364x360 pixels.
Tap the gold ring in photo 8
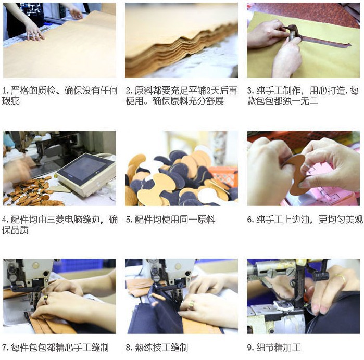click(x=192, y=304)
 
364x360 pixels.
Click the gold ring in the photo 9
click(x=341, y=278)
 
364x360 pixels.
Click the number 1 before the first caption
click(x=5, y=91)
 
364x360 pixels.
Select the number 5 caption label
click(x=129, y=220)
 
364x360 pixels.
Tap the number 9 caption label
click(x=250, y=348)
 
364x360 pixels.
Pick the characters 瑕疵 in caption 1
click(x=11, y=101)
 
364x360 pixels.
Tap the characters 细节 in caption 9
click(x=265, y=348)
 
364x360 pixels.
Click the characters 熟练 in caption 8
click(x=143, y=348)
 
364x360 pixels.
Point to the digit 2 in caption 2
click(x=208, y=91)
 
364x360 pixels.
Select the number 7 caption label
click(x=5, y=348)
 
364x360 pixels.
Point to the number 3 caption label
click(x=250, y=91)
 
